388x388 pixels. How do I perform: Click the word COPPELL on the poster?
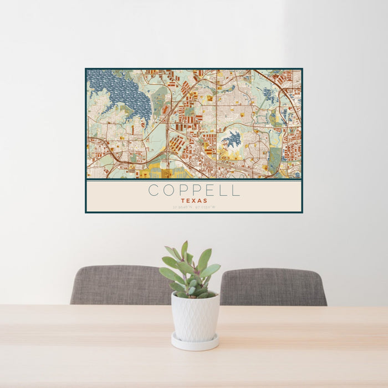click(x=194, y=190)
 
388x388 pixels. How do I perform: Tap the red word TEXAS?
click(x=194, y=201)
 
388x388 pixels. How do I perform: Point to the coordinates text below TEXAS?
click(x=194, y=207)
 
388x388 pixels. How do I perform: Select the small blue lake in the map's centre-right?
click(x=233, y=139)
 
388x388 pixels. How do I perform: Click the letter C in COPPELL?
click(x=153, y=190)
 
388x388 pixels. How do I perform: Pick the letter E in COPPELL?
click(x=210, y=190)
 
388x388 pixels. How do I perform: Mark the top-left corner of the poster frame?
click(x=85, y=69)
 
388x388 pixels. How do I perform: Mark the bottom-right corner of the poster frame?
click(x=302, y=212)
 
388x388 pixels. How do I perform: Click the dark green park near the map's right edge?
click(x=275, y=159)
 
